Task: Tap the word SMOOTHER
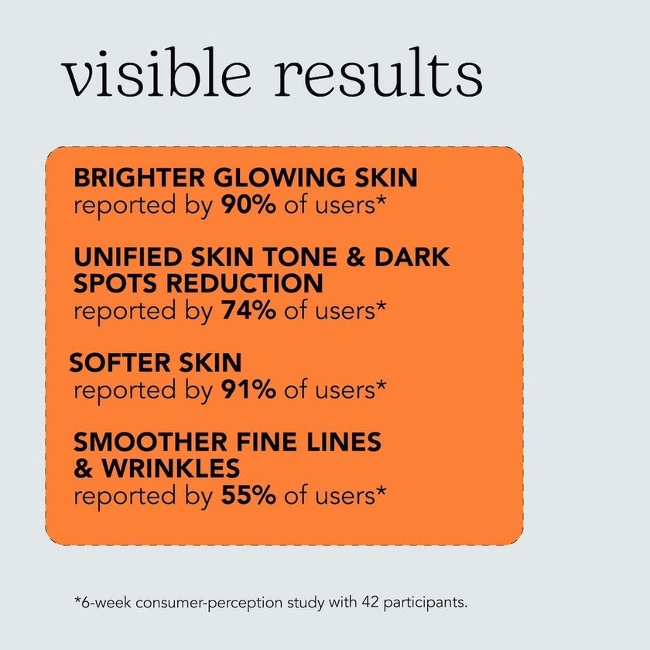coord(146,442)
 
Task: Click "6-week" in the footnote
coord(104,601)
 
